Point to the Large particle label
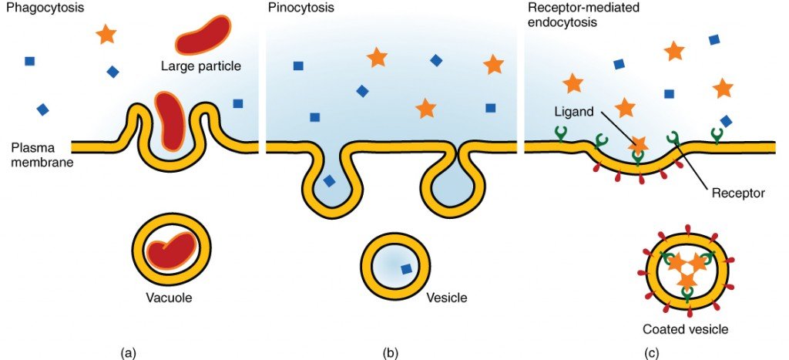[x=201, y=66]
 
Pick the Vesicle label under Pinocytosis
[x=446, y=297]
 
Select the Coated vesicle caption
[x=685, y=330]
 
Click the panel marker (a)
[x=129, y=352]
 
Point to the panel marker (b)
[x=391, y=352]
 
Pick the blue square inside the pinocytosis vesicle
[x=405, y=269]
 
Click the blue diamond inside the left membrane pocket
[x=329, y=181]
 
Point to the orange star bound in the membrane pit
[x=638, y=144]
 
